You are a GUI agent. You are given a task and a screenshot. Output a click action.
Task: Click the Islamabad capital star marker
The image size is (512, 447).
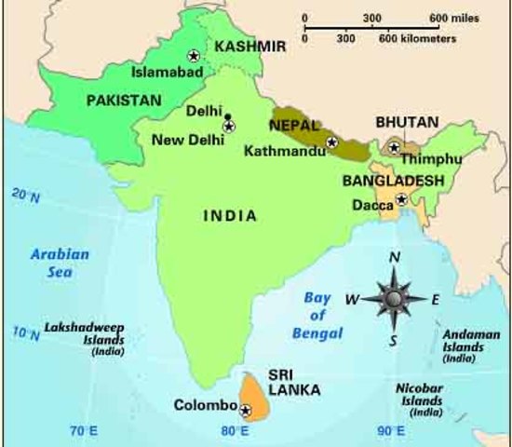tap(193, 56)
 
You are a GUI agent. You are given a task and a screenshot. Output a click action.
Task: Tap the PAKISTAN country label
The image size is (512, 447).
tap(124, 100)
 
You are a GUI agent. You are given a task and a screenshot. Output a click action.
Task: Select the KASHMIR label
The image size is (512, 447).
tap(249, 46)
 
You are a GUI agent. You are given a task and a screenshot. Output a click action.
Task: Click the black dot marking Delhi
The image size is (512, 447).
tap(227, 116)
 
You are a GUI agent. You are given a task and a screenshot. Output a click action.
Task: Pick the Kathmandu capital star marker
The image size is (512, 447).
tap(332, 142)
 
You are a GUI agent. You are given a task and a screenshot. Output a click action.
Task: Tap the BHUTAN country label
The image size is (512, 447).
tap(406, 122)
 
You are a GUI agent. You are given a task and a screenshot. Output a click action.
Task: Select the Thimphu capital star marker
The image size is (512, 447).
tap(395, 147)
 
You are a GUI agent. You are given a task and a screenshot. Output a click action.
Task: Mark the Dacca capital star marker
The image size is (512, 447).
tap(401, 199)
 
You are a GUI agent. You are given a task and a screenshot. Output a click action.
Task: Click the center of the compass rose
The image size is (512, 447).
tap(394, 298)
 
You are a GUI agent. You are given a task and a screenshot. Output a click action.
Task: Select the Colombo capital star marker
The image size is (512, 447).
tap(246, 410)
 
